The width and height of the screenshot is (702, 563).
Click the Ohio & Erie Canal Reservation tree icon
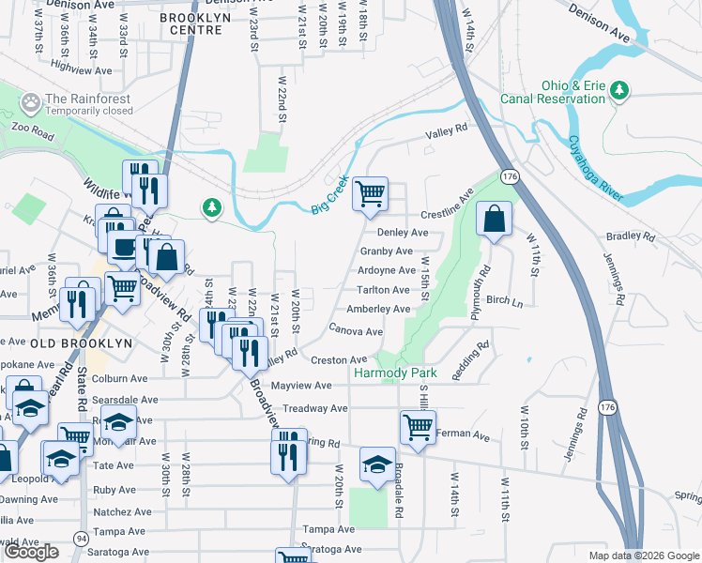618,90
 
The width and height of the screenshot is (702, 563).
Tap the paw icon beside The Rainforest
31,99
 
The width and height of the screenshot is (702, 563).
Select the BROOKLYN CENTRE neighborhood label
191,23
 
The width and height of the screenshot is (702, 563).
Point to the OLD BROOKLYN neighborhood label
81,343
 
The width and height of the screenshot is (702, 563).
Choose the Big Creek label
330,194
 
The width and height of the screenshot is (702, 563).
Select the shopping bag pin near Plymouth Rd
494,219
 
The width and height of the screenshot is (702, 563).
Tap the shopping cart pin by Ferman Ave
418,427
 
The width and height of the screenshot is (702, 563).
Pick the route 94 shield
81,539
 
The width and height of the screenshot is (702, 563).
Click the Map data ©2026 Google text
643,555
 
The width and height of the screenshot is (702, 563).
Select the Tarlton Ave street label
384,291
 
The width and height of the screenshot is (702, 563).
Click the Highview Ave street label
81,68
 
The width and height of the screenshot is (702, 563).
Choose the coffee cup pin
121,248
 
